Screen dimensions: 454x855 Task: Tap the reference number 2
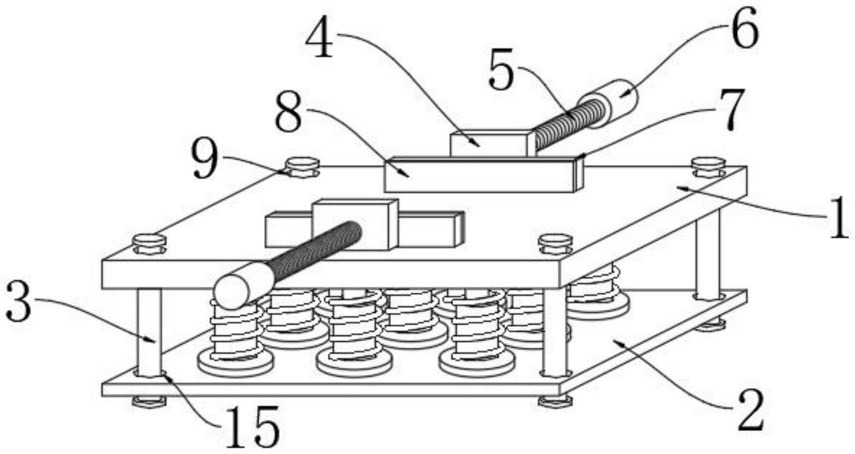(x=750, y=411)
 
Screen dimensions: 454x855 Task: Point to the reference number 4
(x=320, y=39)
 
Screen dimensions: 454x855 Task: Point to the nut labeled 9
(x=302, y=167)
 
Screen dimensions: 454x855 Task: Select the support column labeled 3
(x=149, y=333)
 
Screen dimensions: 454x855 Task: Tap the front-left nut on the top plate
(x=149, y=243)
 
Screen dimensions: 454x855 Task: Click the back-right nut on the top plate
(x=708, y=167)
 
